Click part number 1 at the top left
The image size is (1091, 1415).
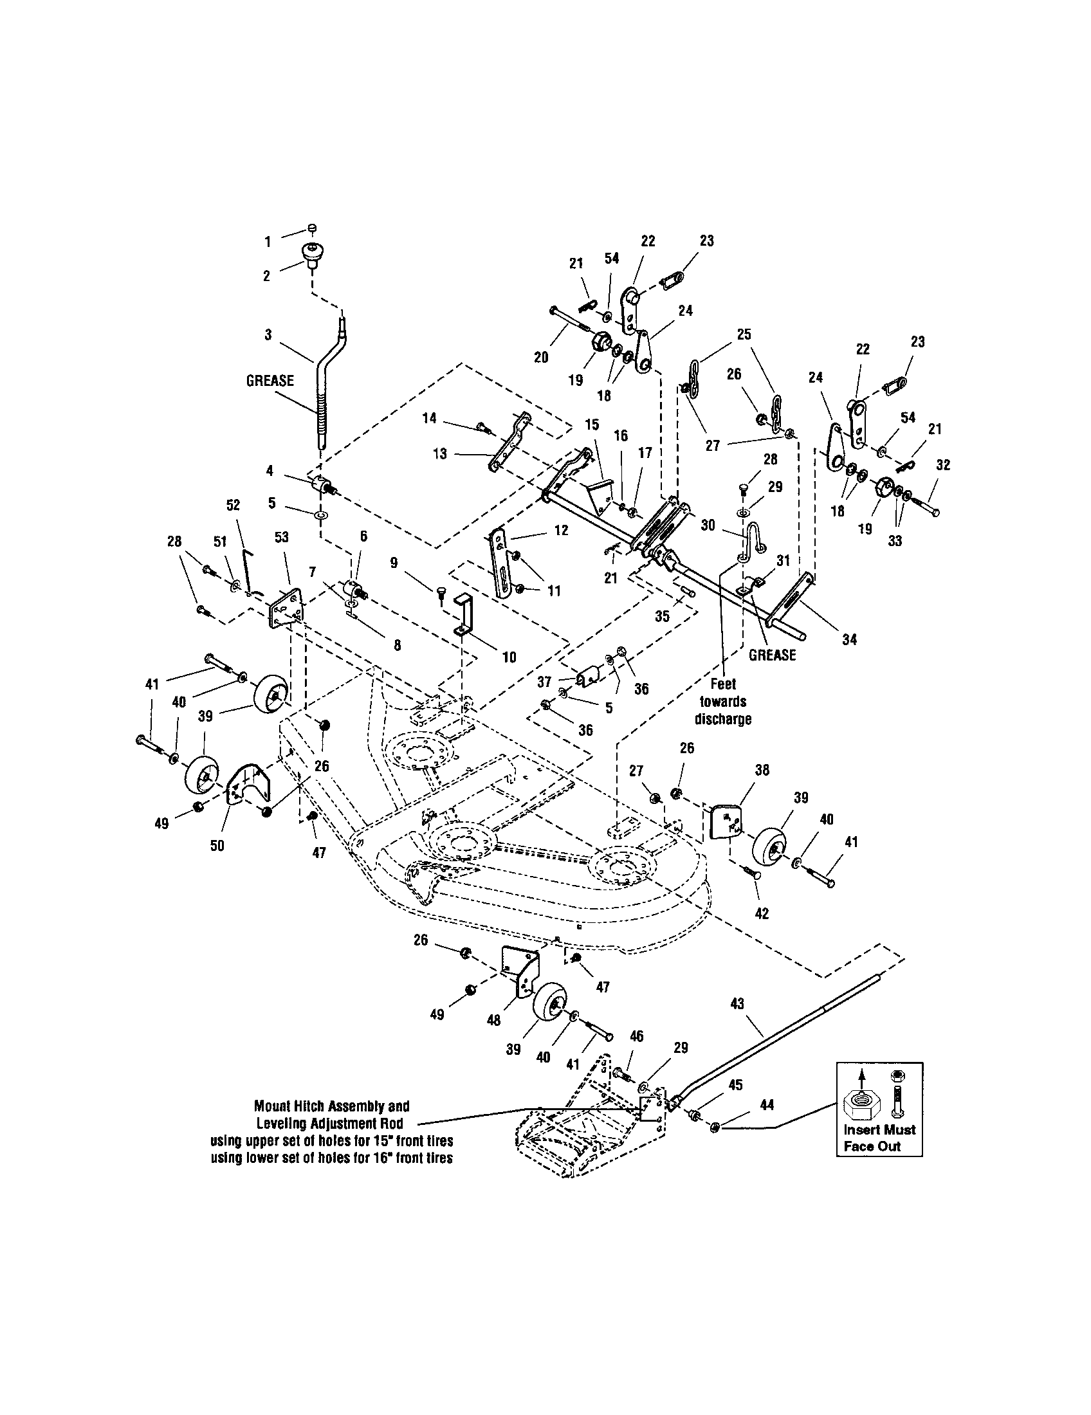coord(267,242)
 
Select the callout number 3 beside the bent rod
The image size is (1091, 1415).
coord(268,335)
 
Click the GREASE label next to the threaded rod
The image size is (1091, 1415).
coord(270,380)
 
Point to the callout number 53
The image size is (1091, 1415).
coord(282,537)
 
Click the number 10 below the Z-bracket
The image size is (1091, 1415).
coord(509,657)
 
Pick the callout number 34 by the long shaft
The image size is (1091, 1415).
coord(848,639)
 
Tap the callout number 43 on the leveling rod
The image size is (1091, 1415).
coord(737,1003)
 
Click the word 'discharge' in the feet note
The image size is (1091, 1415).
coord(723,719)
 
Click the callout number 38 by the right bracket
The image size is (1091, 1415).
coord(762,771)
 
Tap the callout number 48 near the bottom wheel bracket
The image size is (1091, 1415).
coord(493,1020)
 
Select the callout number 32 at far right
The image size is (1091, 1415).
coord(943,465)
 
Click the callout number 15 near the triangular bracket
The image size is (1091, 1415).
coord(592,424)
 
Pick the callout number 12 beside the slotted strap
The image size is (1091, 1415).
coord(561,530)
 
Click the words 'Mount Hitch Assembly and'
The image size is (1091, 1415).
coord(332,1106)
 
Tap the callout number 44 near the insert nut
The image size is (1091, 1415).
coord(766,1104)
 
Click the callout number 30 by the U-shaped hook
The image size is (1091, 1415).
coord(708,525)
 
